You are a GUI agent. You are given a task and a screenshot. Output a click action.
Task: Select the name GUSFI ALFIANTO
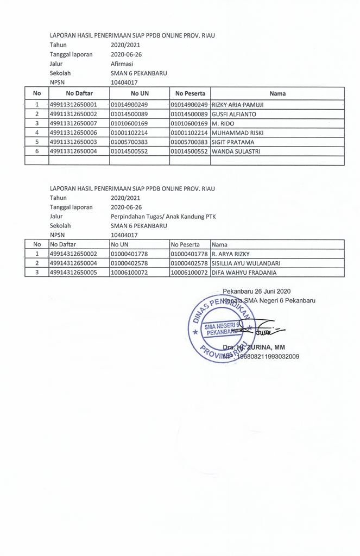coord(234,114)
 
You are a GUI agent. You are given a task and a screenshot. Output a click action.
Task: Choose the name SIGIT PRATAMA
coord(233,142)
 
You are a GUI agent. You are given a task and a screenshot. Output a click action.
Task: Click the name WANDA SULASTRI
coord(236,151)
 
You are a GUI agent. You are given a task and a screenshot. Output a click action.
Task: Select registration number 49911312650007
coord(73,123)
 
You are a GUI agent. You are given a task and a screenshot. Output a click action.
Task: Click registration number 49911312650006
coord(73,132)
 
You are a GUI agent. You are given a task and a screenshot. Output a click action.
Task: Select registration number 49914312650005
coord(73,272)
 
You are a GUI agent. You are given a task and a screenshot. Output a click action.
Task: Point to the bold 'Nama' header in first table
coord(277,93)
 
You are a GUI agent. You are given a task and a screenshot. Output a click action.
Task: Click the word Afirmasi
coord(122,64)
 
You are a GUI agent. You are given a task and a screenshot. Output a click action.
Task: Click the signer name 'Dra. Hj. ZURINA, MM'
coord(253,347)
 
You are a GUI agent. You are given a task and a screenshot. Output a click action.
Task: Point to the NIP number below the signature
coord(261,356)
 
